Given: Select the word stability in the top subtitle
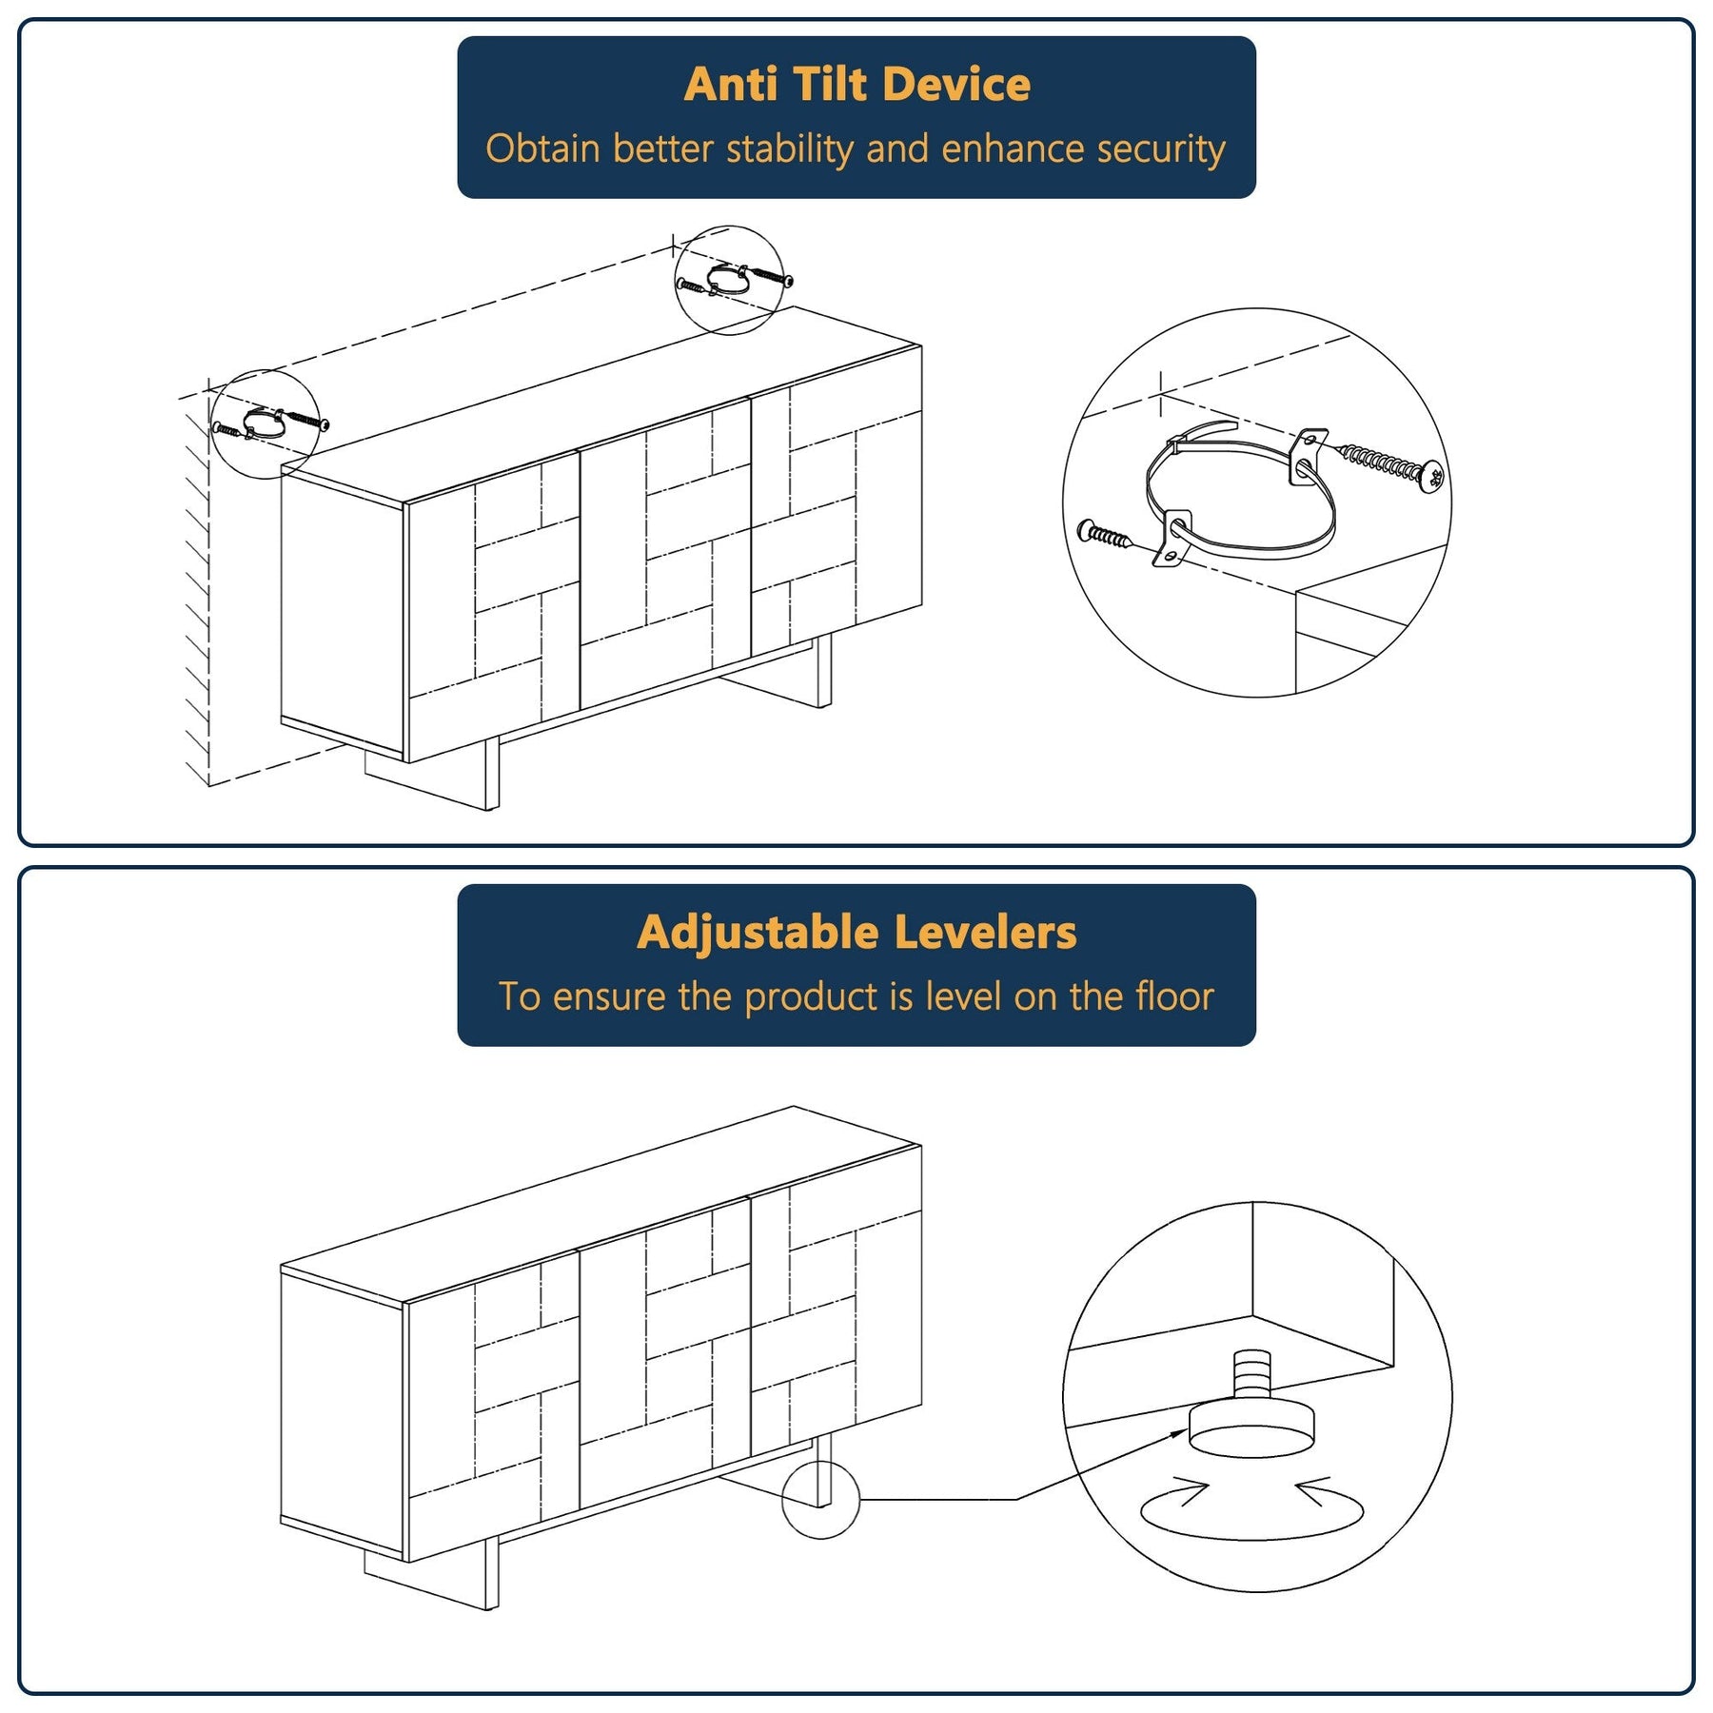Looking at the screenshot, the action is (x=789, y=149).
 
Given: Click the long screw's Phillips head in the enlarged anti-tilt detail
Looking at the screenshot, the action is (x=1431, y=476).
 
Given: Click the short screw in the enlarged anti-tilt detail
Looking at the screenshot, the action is (x=1104, y=535).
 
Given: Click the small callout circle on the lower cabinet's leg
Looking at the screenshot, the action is (x=820, y=1500).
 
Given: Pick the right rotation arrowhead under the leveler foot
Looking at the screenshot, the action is (x=1313, y=1492).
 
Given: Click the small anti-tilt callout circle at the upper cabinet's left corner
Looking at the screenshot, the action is (x=264, y=423).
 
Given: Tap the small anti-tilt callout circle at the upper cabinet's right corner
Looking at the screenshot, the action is (x=729, y=281).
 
